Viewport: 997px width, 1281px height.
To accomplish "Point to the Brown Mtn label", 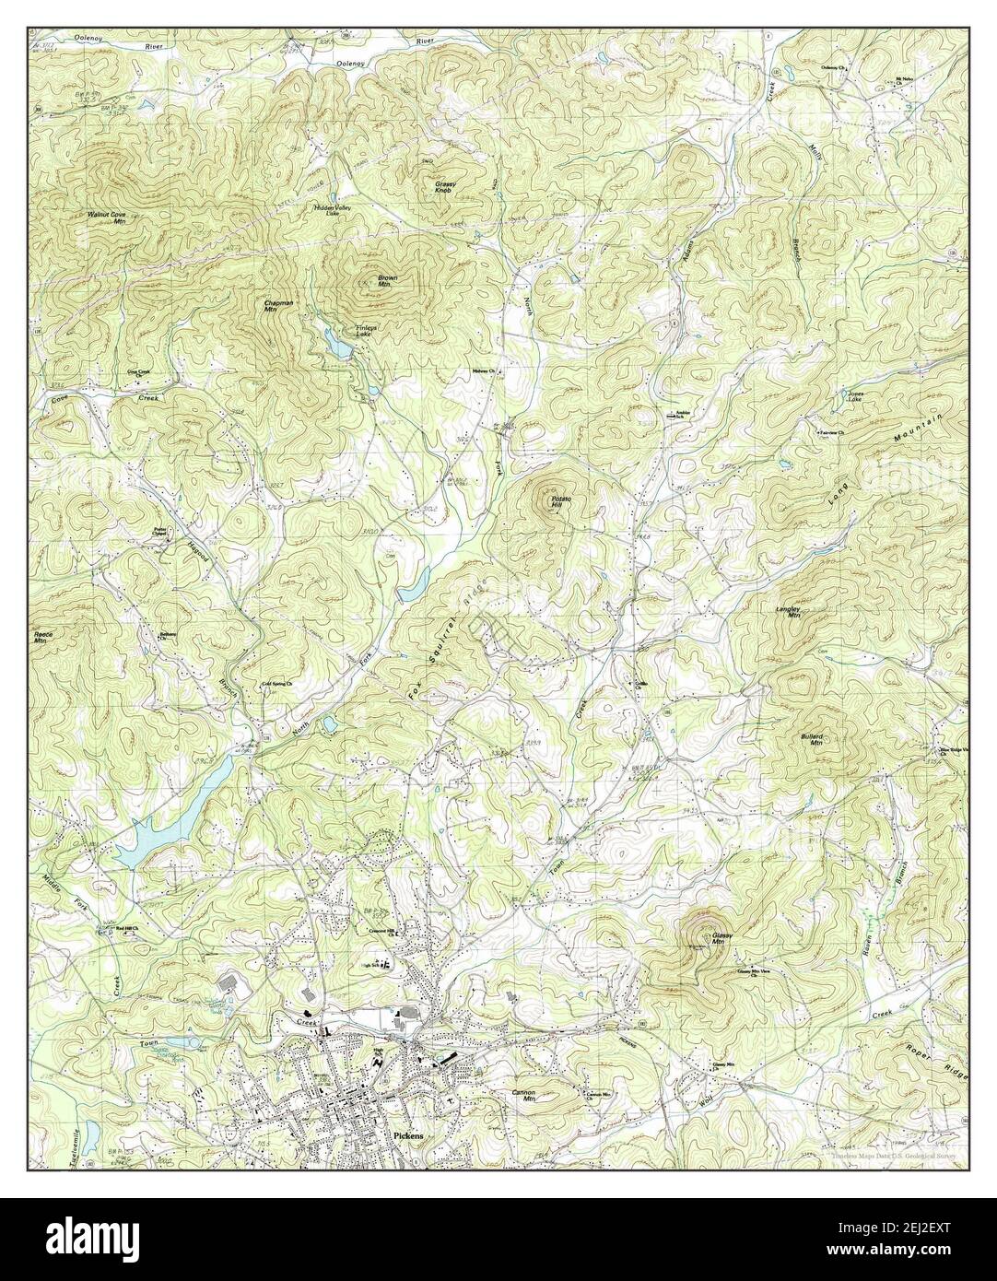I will pyautogui.click(x=388, y=281).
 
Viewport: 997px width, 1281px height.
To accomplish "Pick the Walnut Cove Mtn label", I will pyautogui.click(x=106, y=217).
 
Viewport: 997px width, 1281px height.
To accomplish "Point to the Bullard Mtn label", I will pyautogui.click(x=813, y=739).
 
